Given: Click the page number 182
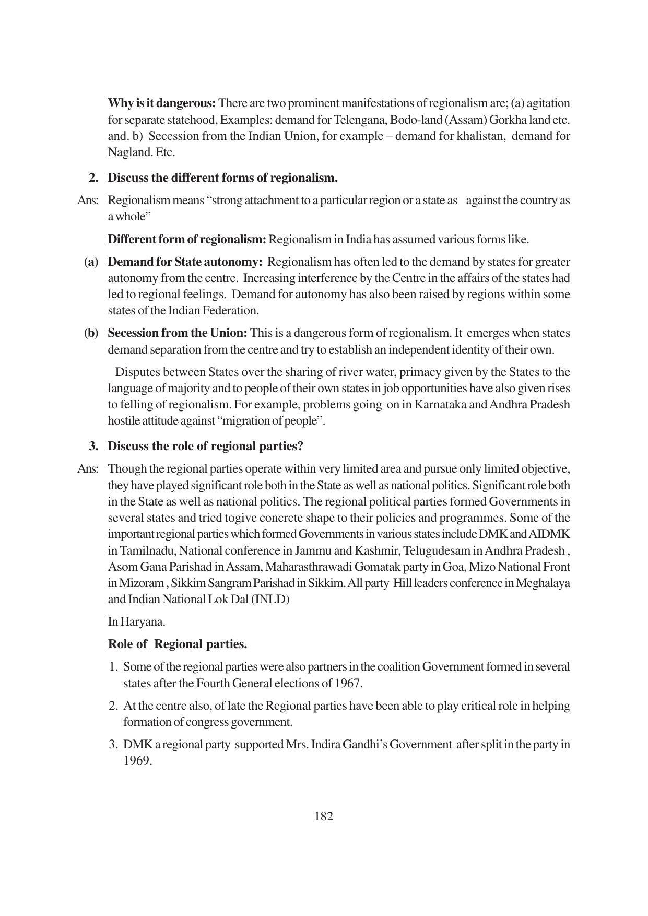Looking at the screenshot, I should pos(324,816).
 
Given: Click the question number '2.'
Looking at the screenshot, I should pos(93,178).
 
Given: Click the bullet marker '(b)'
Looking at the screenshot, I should pos(91,333).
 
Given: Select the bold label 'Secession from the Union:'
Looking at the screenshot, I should pos(178,333).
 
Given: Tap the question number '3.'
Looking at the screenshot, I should pos(93,447).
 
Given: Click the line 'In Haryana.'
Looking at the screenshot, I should pos(136,622).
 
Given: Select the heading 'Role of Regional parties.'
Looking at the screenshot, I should pos(178,644).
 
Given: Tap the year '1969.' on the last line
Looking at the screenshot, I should pos(137,761).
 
